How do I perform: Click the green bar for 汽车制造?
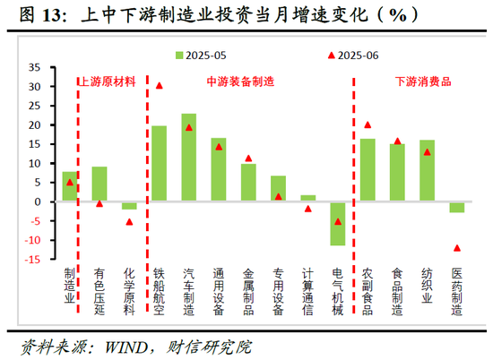click(189, 158)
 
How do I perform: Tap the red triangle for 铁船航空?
click(160, 86)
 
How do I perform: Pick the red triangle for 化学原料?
click(129, 221)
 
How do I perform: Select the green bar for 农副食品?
click(368, 170)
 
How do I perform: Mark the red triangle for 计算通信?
click(307, 209)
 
